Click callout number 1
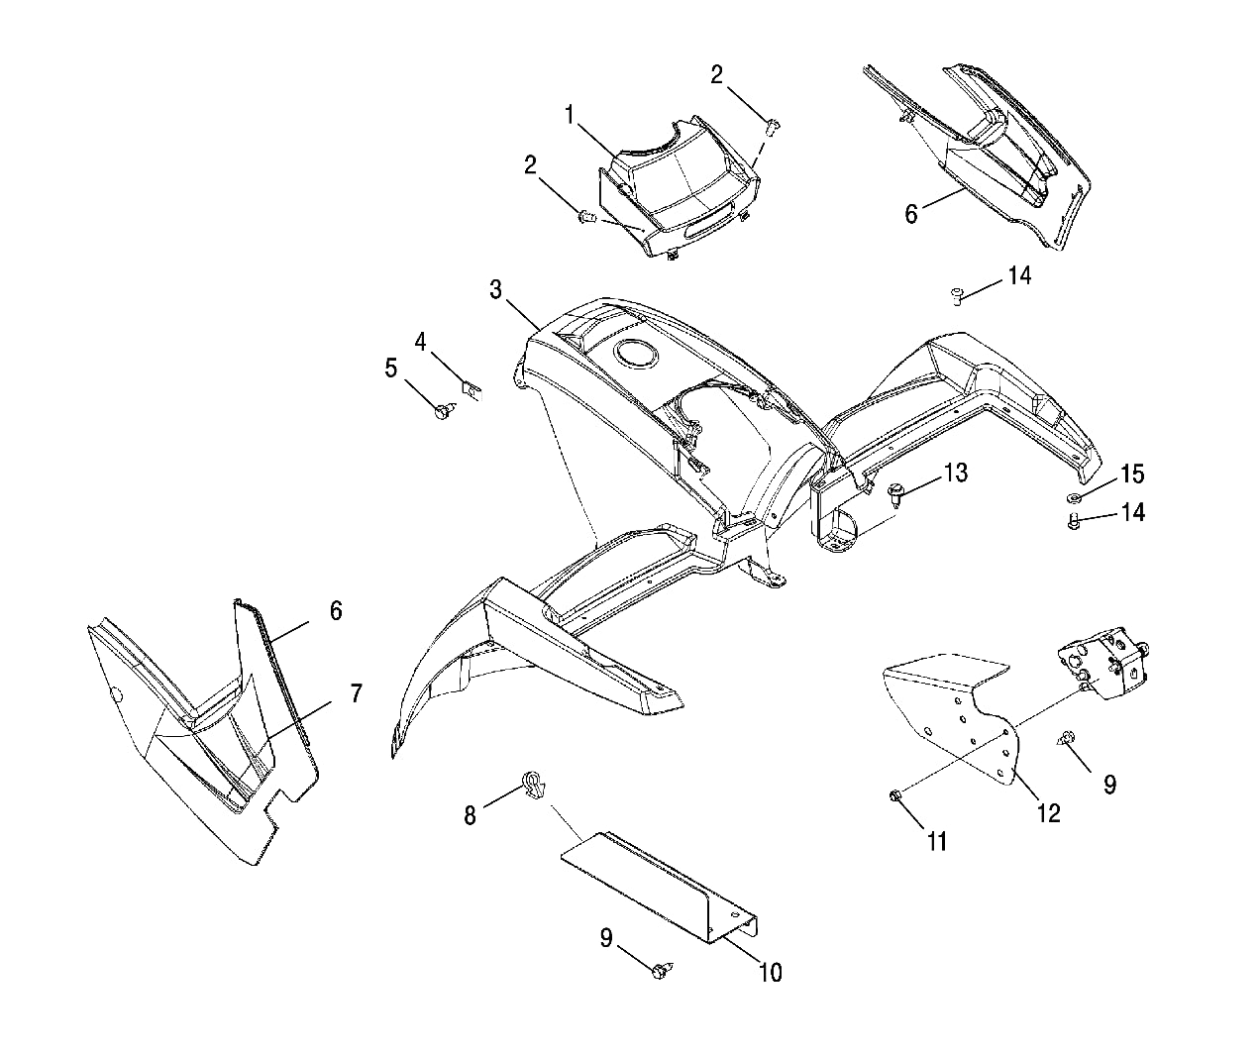(571, 115)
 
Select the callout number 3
(495, 289)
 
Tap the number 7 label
(356, 693)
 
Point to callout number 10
(770, 973)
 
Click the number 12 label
(1047, 813)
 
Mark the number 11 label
(937, 842)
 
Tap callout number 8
(470, 815)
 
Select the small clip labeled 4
(472, 385)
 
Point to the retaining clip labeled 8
(532, 787)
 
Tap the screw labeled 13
(898, 491)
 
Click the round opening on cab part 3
(634, 352)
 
